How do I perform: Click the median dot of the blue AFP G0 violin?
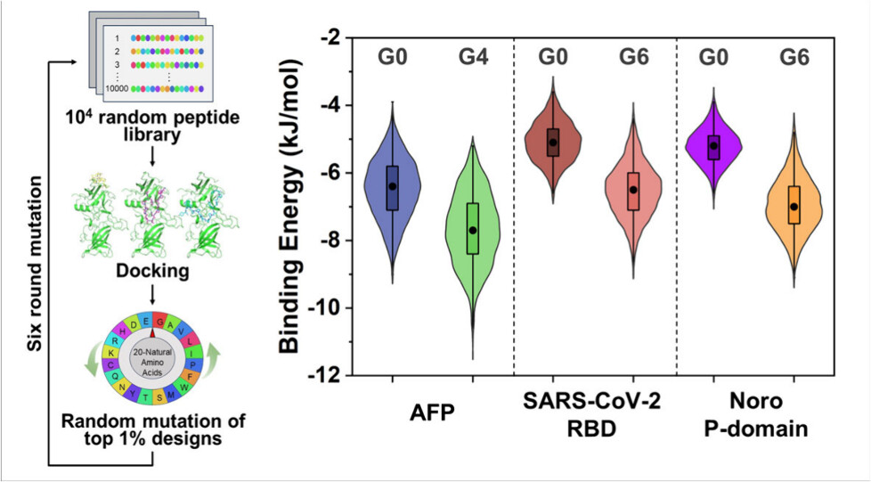[x=392, y=186]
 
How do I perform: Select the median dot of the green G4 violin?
[x=473, y=230]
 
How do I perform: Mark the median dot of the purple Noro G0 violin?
[x=713, y=146]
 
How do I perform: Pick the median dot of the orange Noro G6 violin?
[x=794, y=207]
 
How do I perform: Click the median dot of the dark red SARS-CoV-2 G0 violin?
[x=553, y=143]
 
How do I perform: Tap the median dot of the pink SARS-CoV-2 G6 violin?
[x=633, y=190]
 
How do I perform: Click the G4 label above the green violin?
[x=473, y=60]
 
